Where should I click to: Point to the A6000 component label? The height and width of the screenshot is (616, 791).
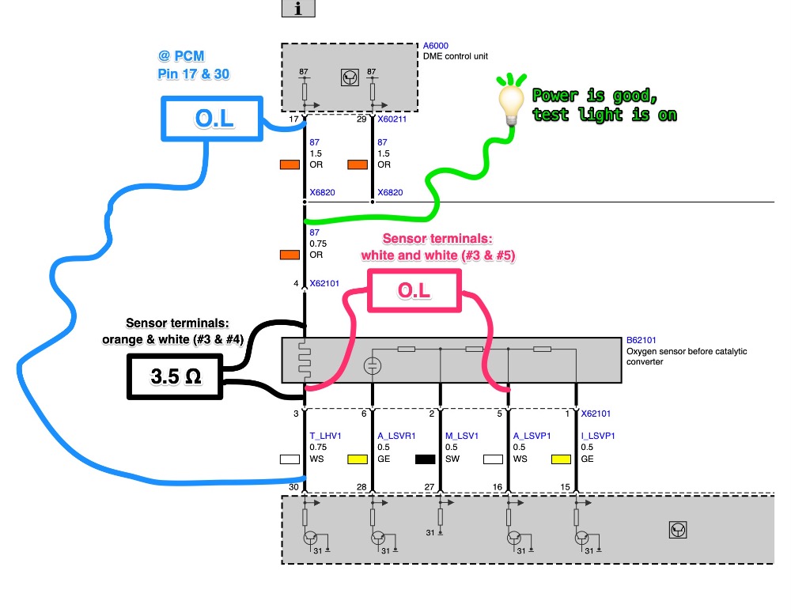tap(436, 46)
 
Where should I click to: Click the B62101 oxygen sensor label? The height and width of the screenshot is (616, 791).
tap(642, 340)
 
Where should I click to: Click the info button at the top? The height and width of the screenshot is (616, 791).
tap(299, 8)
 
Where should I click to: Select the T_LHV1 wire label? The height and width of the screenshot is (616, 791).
tap(325, 434)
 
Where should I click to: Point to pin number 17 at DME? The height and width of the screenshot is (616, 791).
tap(293, 119)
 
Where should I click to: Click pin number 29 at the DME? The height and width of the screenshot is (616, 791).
tap(361, 119)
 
